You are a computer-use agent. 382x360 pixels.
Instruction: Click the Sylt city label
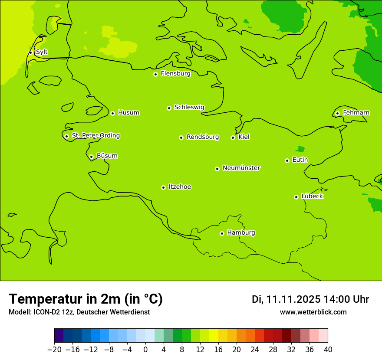(x=42, y=52)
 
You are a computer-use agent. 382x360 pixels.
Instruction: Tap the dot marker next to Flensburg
(x=155, y=74)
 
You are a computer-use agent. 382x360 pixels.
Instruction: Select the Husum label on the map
(x=128, y=113)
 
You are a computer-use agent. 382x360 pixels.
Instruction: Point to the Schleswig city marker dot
(x=169, y=108)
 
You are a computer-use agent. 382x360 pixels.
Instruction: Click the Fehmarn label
(x=356, y=113)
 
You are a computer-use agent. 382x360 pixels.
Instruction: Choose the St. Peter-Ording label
(x=96, y=136)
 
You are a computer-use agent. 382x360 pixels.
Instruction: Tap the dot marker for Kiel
(x=233, y=137)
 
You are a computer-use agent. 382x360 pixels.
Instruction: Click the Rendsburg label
(x=203, y=137)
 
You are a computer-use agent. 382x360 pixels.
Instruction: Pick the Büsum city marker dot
(x=91, y=157)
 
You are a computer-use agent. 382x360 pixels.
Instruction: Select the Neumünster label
(x=241, y=168)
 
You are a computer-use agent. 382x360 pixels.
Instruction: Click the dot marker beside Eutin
(x=287, y=160)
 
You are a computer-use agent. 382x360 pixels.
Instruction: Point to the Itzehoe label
(x=180, y=187)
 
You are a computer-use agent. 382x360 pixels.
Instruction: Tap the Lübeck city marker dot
(x=296, y=197)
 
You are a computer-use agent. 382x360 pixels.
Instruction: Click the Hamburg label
(x=241, y=233)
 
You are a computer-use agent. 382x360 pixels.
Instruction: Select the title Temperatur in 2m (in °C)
(x=86, y=299)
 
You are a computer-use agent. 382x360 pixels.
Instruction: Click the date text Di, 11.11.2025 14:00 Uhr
(x=310, y=299)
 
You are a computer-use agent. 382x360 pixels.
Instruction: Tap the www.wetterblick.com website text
(x=313, y=312)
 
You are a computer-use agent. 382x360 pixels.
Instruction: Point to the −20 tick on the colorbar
(x=54, y=350)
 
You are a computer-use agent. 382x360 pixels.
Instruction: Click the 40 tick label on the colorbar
(x=328, y=350)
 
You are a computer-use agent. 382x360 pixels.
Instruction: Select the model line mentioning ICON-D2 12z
(x=79, y=312)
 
